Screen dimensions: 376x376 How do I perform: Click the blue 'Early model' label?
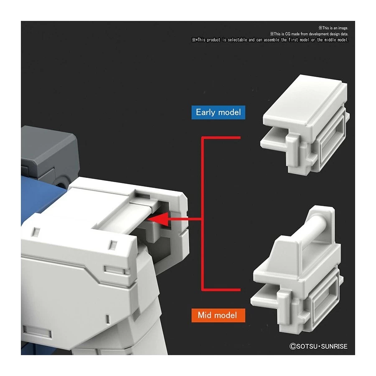click(218, 112)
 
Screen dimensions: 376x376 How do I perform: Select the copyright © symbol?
click(292, 346)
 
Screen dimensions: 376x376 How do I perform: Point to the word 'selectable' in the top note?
click(237, 40)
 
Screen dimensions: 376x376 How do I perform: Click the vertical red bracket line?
click(202, 213)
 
